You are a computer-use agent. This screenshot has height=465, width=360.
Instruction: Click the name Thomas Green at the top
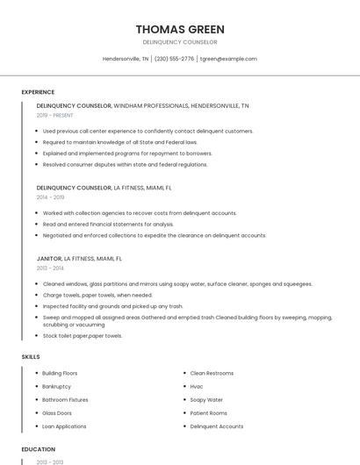180,29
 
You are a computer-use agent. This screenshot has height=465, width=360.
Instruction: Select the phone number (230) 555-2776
174,59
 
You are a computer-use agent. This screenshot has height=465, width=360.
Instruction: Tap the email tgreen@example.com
228,59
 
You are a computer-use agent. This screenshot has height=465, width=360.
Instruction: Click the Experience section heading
38,92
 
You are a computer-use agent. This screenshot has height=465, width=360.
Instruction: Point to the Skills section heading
30,357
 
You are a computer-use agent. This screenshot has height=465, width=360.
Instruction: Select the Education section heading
38,449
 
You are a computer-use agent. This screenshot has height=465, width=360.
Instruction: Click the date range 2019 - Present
54,115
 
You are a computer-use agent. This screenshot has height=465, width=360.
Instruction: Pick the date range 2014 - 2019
50,197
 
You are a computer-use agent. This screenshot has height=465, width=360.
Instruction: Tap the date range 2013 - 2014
50,268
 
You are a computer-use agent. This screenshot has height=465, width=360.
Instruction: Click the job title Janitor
49,259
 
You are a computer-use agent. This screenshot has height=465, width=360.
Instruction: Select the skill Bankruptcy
56,387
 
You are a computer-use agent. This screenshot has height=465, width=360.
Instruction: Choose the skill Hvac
197,387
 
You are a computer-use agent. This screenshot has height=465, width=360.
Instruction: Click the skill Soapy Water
206,400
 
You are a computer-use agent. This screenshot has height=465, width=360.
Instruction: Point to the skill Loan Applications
64,426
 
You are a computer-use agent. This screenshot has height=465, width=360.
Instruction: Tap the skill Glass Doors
57,413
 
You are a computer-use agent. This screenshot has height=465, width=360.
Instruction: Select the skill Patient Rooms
208,413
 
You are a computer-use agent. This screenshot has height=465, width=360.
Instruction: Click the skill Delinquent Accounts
216,426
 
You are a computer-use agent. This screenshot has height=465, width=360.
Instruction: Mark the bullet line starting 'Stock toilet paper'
82,336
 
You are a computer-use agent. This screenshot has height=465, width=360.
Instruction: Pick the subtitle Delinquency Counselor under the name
180,42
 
